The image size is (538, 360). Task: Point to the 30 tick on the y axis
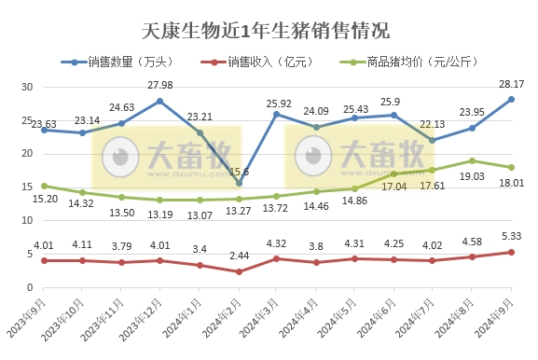pyautogui.click(x=27, y=87)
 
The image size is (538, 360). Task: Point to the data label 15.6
pyautogui.click(x=241, y=172)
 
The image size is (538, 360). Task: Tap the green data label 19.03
pyautogui.click(x=473, y=175)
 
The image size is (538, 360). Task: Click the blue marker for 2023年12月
pyautogui.click(x=160, y=101)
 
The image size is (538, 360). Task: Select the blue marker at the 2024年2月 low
pyautogui.click(x=239, y=183)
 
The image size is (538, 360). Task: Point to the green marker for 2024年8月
pyautogui.click(x=473, y=160)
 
